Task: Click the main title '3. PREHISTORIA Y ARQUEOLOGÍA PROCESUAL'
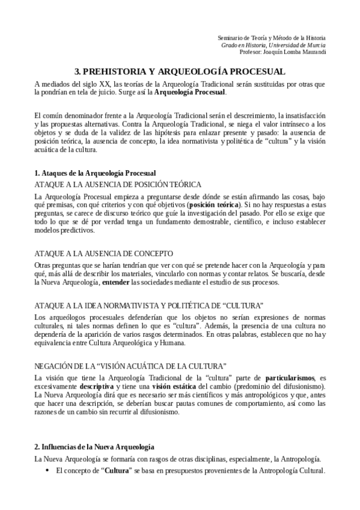(x=180, y=70)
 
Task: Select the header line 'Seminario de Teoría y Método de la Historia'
(x=271, y=37)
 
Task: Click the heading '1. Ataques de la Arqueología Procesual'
(x=95, y=173)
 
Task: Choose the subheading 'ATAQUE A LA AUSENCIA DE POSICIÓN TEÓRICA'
(x=117, y=184)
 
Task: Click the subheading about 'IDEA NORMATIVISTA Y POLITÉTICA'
(x=148, y=306)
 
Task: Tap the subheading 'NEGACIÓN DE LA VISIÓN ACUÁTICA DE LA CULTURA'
(x=130, y=365)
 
